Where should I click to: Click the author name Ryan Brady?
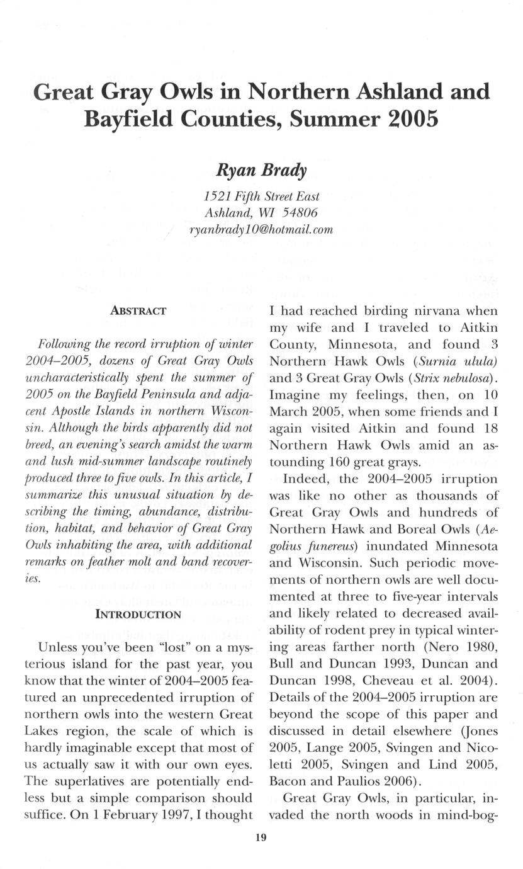coord(261,170)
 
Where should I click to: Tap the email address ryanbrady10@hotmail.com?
coord(261,230)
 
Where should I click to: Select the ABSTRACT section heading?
coord(138,311)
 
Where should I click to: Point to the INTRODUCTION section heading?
coord(138,613)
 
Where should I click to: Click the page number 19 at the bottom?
coord(261,837)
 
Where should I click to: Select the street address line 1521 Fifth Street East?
coord(261,196)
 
